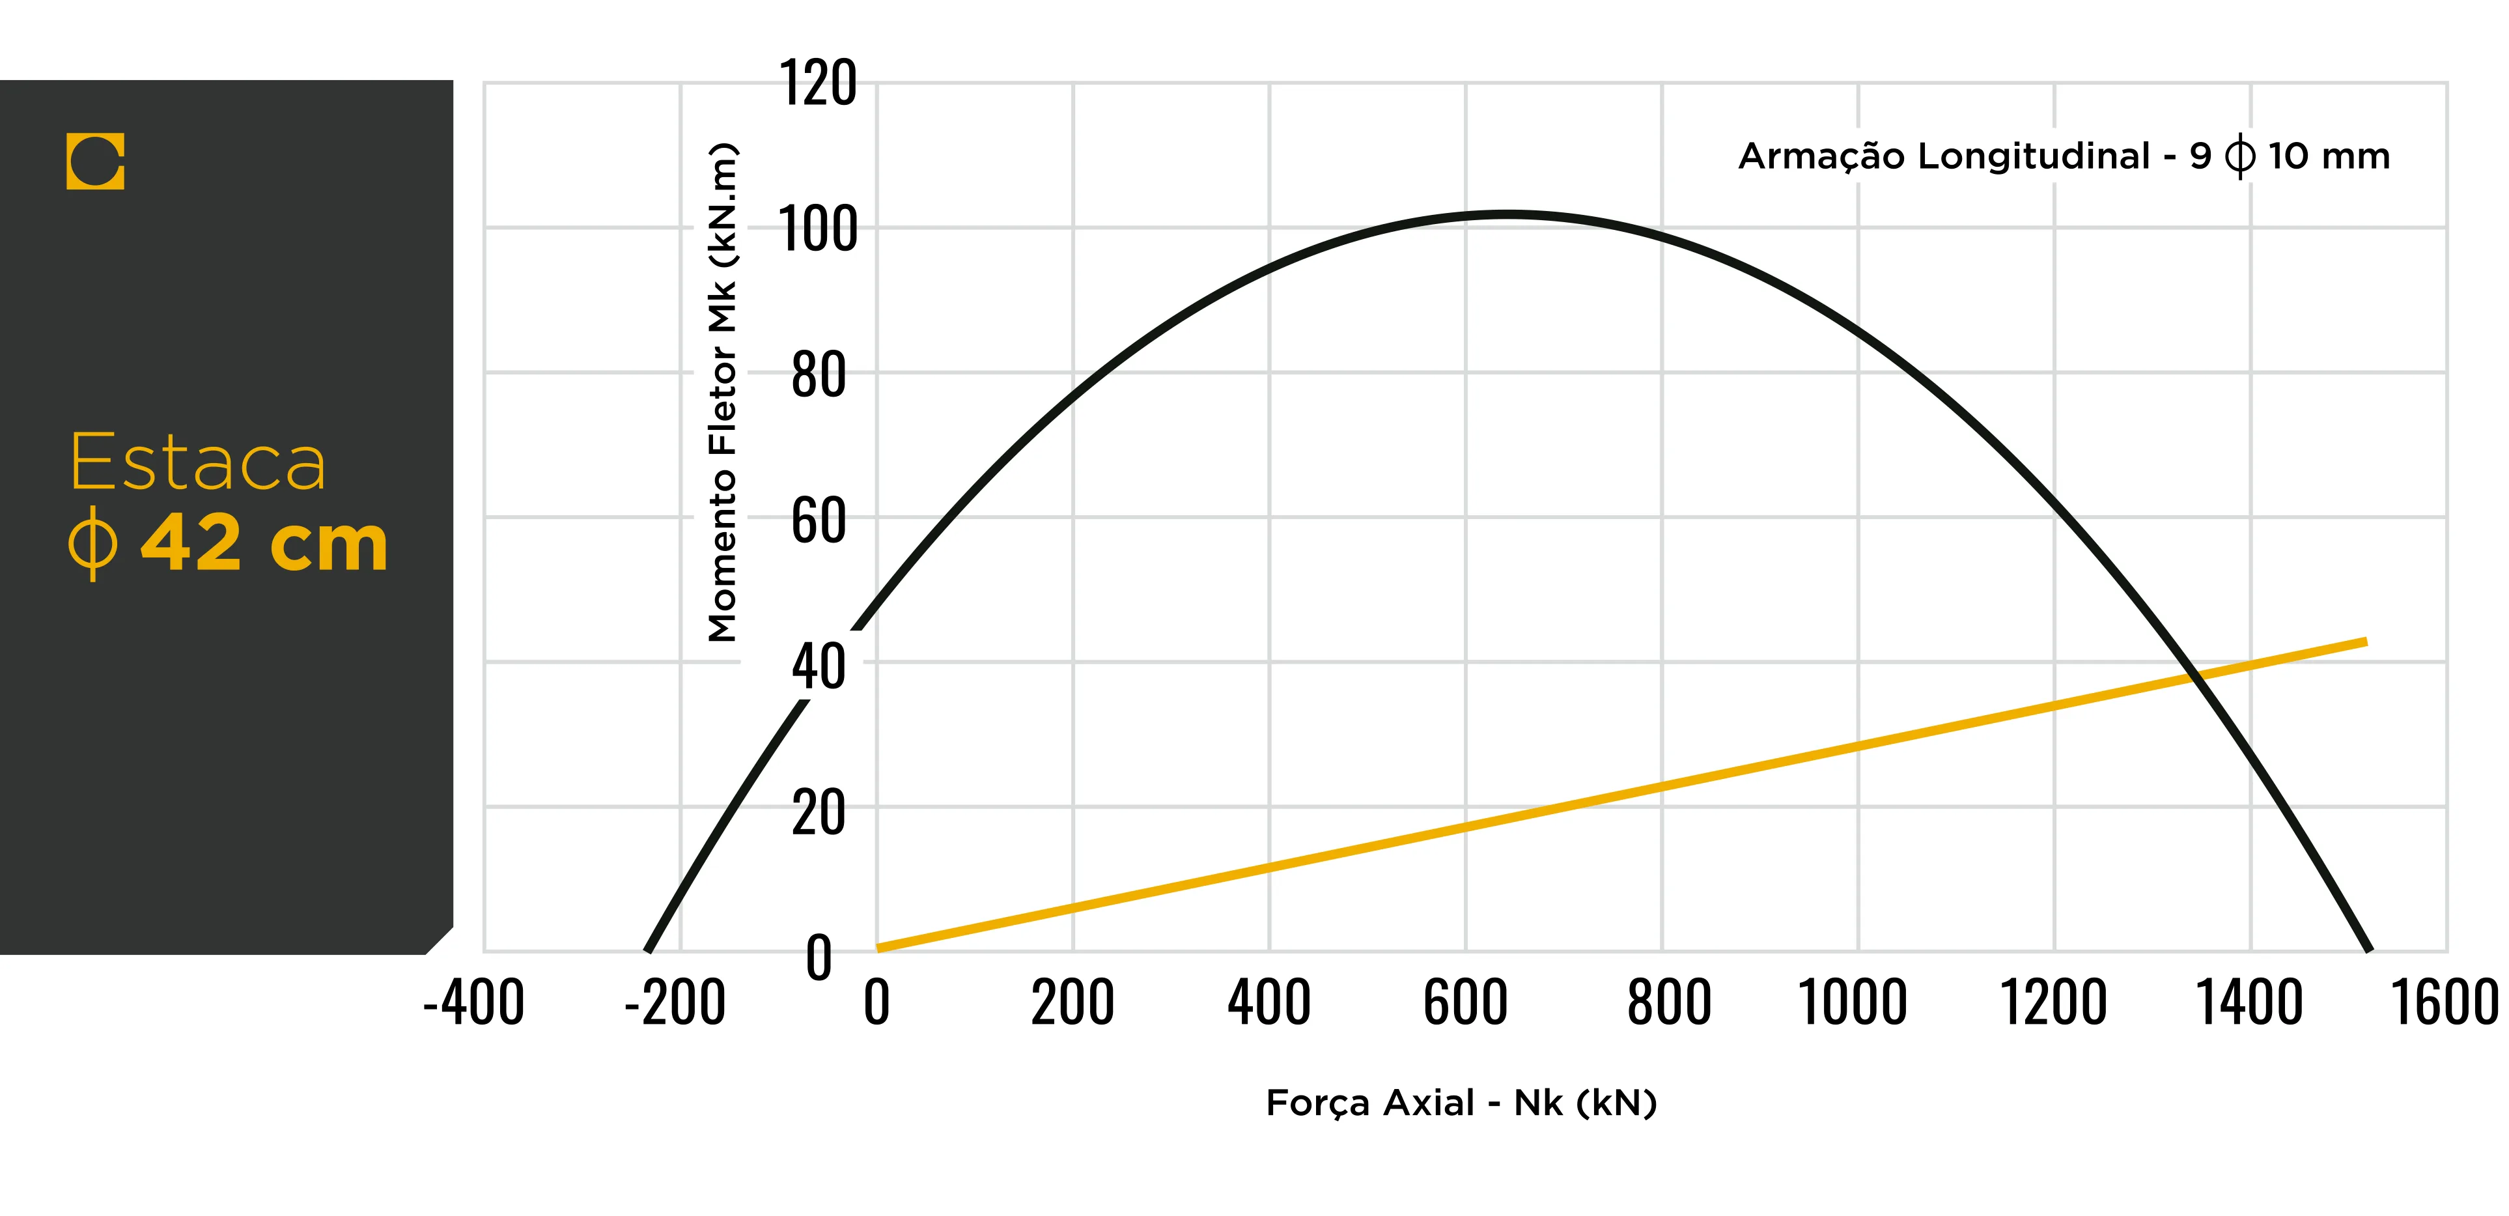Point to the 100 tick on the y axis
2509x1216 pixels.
pyautogui.click(x=818, y=230)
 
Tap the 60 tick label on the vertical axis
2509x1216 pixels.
pyautogui.click(x=818, y=520)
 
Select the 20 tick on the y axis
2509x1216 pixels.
pyautogui.click(x=818, y=813)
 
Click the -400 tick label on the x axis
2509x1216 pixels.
pyautogui.click(x=473, y=1002)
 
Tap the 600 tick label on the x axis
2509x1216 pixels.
pyautogui.click(x=1465, y=1002)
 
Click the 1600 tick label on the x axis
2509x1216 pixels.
pyautogui.click(x=2445, y=1002)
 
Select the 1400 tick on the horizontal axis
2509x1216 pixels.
pyautogui.click(x=2249, y=1002)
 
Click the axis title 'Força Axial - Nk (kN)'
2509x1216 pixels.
pyautogui.click(x=1461, y=1103)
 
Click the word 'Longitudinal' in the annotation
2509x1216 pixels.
pyautogui.click(x=2033, y=156)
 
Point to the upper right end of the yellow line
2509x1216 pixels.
pyautogui.click(x=2365, y=641)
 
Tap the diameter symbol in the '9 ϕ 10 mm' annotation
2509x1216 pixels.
pyautogui.click(x=2239, y=156)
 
